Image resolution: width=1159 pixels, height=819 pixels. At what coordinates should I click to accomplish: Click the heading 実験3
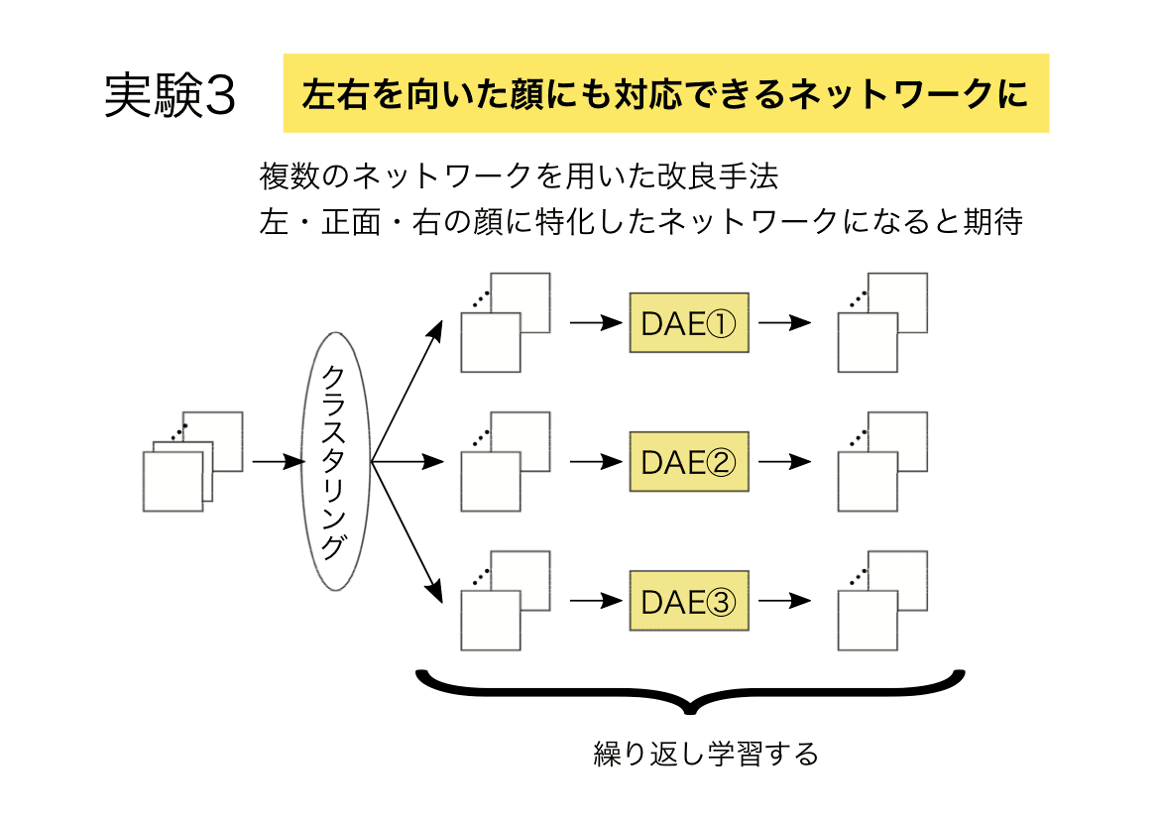(x=170, y=95)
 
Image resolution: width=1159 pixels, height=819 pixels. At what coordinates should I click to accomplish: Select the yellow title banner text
(x=665, y=94)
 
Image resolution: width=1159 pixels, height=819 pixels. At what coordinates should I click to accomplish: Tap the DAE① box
(x=689, y=322)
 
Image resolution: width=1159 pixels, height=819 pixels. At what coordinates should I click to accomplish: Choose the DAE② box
(x=689, y=461)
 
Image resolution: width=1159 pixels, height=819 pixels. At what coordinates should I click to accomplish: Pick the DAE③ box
(x=689, y=600)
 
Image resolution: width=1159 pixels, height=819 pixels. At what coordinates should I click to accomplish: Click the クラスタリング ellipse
(x=335, y=461)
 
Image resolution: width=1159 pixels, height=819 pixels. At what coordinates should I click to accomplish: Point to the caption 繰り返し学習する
(x=706, y=754)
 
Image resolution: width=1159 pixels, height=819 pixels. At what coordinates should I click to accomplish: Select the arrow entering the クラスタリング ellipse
(x=279, y=462)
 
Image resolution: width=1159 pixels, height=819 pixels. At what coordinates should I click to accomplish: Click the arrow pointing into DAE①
(x=597, y=322)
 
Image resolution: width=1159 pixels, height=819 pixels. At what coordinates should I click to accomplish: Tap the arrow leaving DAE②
(x=785, y=461)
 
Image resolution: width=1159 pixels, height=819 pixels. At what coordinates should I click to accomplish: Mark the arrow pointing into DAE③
(x=597, y=600)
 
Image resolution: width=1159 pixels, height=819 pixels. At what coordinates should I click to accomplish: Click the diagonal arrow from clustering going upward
(x=407, y=391)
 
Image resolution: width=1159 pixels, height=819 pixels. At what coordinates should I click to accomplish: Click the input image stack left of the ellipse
(x=193, y=461)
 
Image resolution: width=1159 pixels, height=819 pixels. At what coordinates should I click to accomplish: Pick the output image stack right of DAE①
(x=882, y=322)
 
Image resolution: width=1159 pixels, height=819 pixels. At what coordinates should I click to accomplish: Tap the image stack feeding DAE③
(x=506, y=600)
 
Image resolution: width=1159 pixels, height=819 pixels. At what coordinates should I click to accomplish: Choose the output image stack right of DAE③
(x=882, y=600)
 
